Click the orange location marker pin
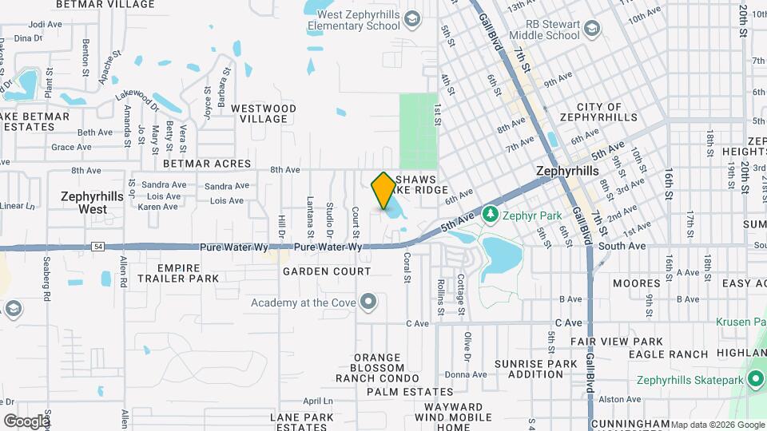tap(383, 189)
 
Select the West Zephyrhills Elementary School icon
tap(411, 18)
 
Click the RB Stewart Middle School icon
tap(592, 30)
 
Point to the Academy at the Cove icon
tap(368, 302)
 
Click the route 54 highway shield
tap(97, 247)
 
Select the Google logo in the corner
tap(26, 421)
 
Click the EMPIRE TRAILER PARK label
tap(177, 273)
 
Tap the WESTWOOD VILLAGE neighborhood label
tap(264, 113)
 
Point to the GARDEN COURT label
tap(327, 271)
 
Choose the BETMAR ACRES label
tap(207, 164)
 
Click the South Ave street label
tap(622, 246)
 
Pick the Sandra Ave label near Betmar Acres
tap(163, 184)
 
